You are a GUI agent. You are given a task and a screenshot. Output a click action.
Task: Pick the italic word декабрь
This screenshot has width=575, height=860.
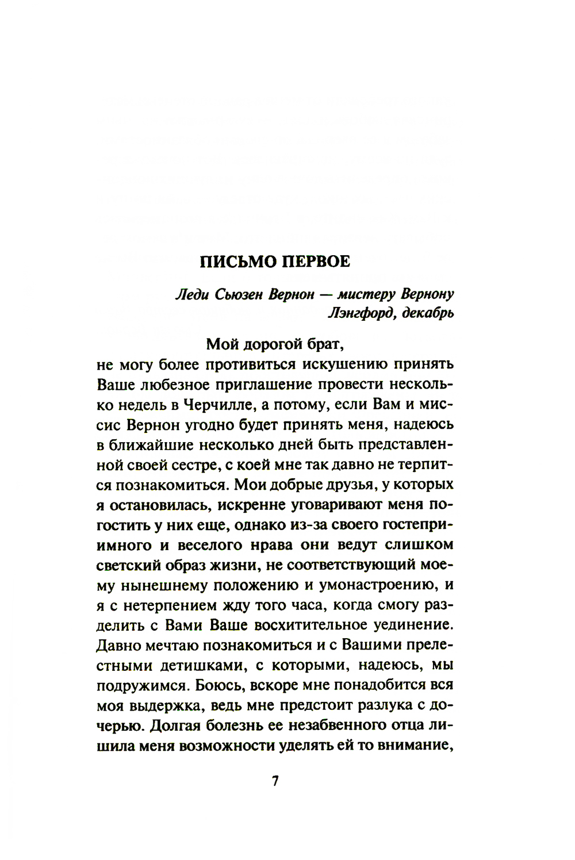click(x=425, y=314)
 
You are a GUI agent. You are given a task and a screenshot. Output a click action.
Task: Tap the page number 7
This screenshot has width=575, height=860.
click(x=275, y=782)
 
